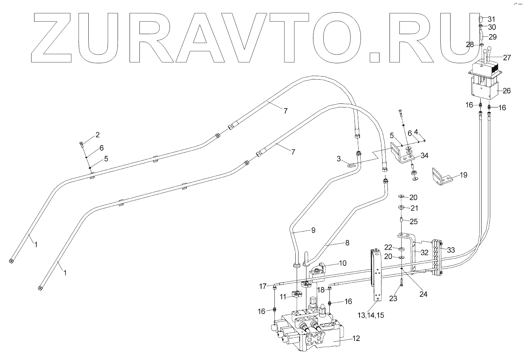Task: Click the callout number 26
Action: coord(506,91)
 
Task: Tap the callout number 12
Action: coord(356,338)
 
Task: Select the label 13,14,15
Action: coord(371,315)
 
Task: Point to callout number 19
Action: coord(463,175)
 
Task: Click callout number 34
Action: coord(425,156)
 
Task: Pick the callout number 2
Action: coord(97,135)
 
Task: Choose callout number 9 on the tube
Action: coord(313,230)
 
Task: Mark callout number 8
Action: coord(347,243)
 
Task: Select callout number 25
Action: coord(414,222)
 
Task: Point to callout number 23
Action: coord(393,298)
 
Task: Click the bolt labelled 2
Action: coord(81,145)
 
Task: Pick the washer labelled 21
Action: coord(401,208)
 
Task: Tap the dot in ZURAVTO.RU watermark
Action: coord(375,57)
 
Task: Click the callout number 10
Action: coord(342,263)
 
